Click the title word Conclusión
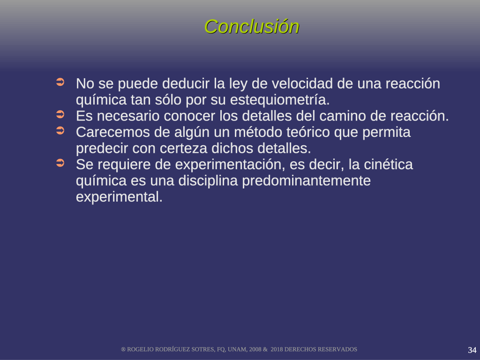tap(252, 27)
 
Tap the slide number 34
tap(472, 350)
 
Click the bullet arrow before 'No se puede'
tap(60, 82)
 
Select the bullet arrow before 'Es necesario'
tap(60, 114)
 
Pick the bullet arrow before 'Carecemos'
tap(60, 131)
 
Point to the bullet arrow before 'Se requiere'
tap(60, 163)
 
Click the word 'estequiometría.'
tap(280, 100)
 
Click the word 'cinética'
tap(388, 165)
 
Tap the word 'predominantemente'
tap(307, 180)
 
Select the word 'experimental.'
tap(119, 197)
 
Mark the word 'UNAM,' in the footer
tap(236, 349)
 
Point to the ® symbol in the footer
tap(123, 350)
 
